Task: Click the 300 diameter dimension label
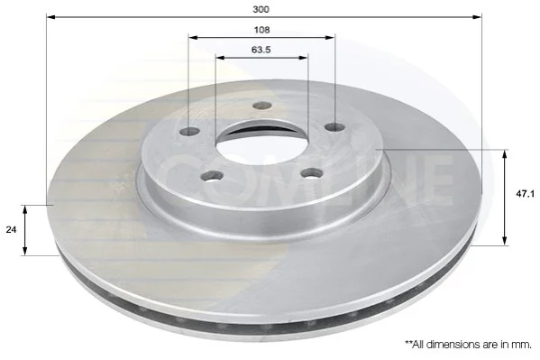pos(261,9)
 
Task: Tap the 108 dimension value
pos(261,30)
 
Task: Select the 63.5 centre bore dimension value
pos(261,50)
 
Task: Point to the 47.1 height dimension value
pos(526,194)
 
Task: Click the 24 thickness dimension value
pos(11,230)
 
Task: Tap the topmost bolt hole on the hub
pos(262,106)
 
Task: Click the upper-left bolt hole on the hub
pos(190,132)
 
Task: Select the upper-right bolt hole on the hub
pos(335,127)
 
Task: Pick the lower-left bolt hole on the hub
pos(212,176)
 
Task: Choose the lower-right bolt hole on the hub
pos(312,173)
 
